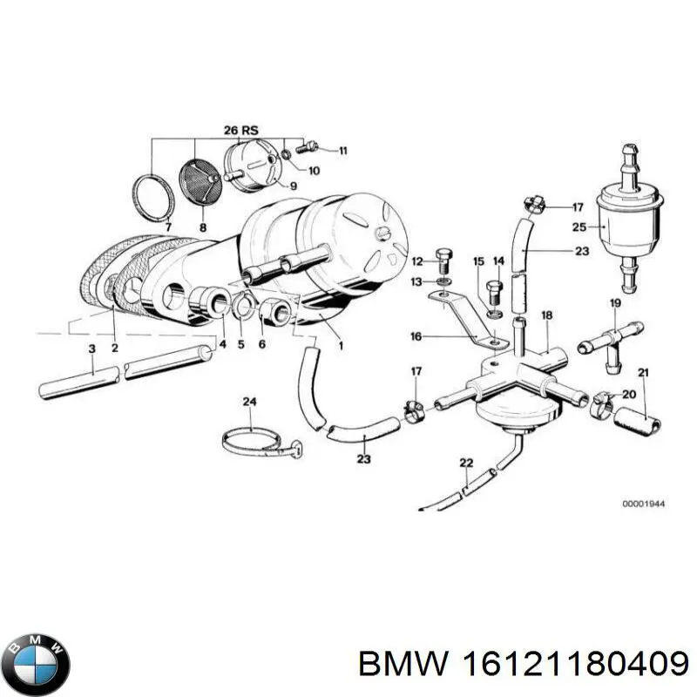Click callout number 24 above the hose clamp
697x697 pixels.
(x=249, y=402)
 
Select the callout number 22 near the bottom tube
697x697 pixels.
(x=466, y=462)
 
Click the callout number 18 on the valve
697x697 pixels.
(x=546, y=315)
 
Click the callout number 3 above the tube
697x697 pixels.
(x=91, y=348)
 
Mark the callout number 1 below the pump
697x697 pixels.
(x=341, y=346)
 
